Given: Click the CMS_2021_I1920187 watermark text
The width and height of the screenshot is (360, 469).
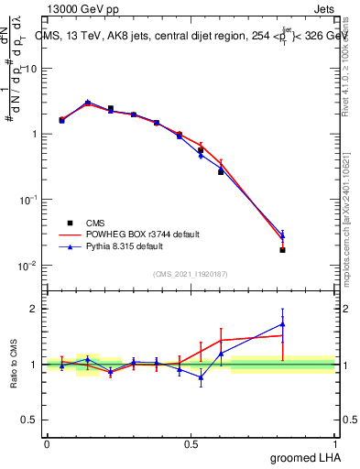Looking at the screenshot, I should (x=191, y=274).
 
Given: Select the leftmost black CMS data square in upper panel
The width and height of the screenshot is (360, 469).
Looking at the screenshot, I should (x=61, y=120).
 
